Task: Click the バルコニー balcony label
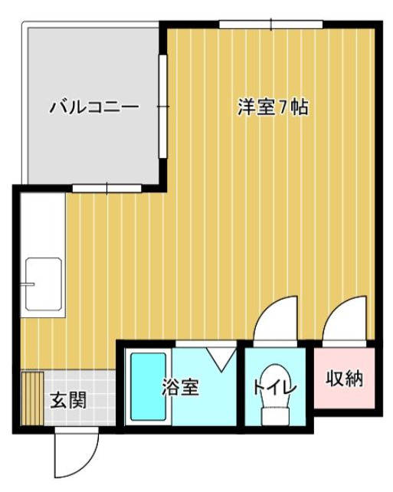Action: pos(94,107)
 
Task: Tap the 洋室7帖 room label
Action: pos(272,107)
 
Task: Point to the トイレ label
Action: pos(274,386)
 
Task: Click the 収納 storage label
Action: pos(344,378)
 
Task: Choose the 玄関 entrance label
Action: pos(68,400)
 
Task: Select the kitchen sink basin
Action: pos(44,286)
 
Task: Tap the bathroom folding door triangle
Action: pos(221,358)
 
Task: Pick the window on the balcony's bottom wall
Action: pos(106,187)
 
